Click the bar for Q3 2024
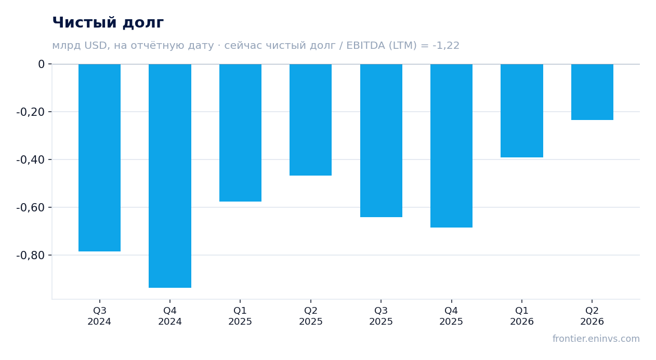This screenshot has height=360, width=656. [100, 158]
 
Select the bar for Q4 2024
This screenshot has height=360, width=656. [170, 176]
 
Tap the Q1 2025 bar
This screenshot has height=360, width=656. [241, 133]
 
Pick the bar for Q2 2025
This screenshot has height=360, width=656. [311, 119]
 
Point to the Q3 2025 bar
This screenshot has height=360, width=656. [382, 140]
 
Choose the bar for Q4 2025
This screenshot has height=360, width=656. [451, 146]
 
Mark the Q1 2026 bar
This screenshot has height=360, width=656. [522, 111]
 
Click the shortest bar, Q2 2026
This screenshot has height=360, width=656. [592, 92]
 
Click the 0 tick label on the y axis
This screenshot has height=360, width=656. [41, 64]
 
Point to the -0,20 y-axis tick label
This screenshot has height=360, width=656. [31, 112]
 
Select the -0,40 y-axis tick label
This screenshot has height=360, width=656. [31, 159]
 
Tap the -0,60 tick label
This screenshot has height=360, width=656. [31, 207]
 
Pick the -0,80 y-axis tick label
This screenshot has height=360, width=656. [31, 255]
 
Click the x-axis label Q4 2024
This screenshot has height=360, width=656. [170, 316]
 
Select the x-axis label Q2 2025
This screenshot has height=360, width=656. [311, 316]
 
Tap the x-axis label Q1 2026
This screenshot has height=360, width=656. [522, 316]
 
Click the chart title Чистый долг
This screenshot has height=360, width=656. [108, 23]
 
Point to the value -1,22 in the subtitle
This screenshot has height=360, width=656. [446, 46]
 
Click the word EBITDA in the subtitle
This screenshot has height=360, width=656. [365, 45]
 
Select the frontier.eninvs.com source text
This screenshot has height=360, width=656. [596, 339]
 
